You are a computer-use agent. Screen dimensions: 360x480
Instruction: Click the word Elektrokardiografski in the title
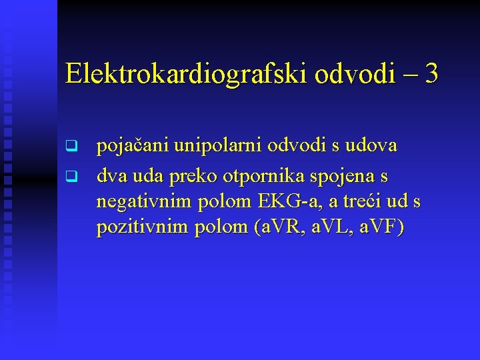point(185,74)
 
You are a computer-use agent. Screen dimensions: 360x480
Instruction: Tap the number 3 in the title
point(431,73)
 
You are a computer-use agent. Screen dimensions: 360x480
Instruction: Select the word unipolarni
point(211,147)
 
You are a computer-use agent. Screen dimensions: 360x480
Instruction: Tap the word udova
point(371,145)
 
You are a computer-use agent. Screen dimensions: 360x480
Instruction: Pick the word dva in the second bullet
point(111,177)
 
